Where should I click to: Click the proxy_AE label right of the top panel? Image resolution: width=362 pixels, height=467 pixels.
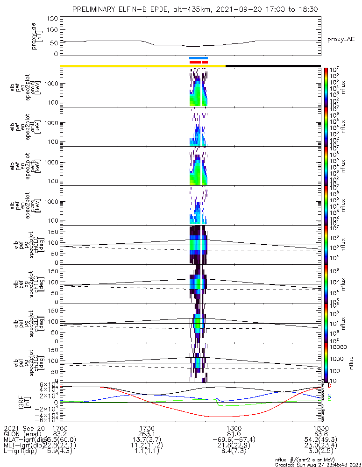coord(341,40)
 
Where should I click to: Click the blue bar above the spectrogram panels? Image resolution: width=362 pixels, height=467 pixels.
coord(199,58)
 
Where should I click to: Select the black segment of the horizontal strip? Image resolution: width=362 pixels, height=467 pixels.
coord(273,66)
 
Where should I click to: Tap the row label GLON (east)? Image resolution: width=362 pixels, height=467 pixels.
coord(21,434)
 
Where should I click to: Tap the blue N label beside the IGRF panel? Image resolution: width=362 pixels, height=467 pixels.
coord(330,396)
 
